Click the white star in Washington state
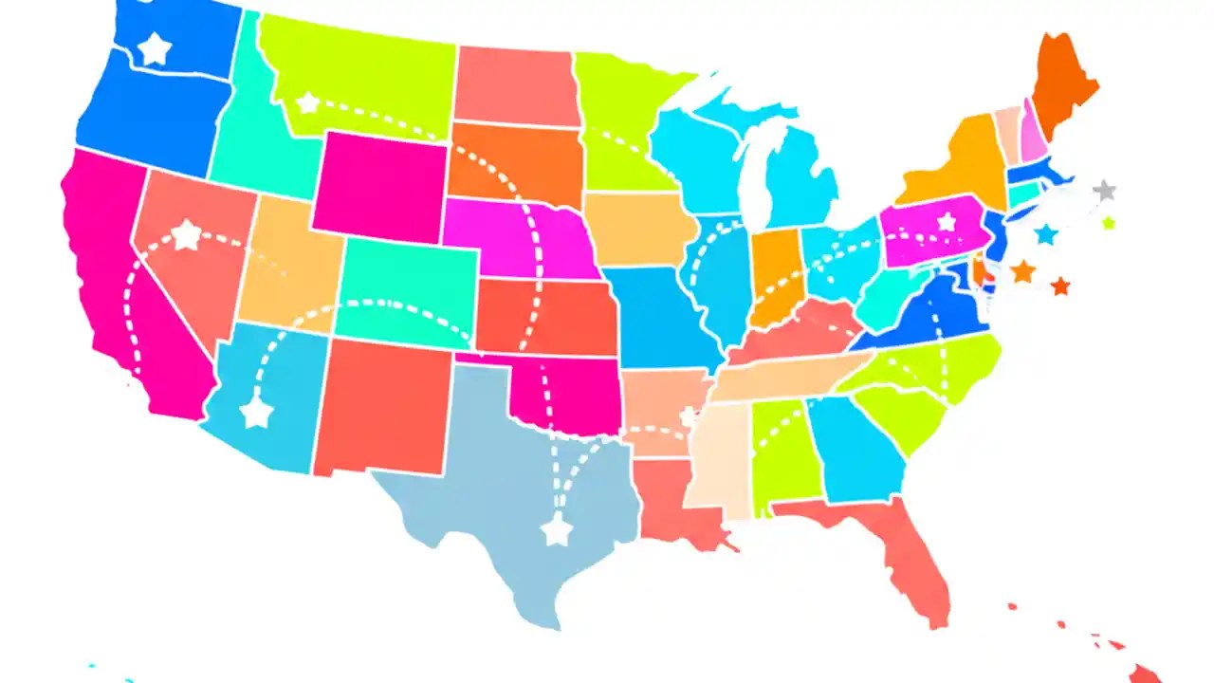click(154, 48)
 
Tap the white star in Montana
click(308, 102)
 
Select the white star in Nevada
click(187, 235)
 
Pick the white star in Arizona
click(256, 413)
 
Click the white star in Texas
click(557, 531)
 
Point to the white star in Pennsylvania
click(946, 222)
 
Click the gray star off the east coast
click(1103, 190)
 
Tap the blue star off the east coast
click(1046, 233)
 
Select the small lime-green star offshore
click(1109, 224)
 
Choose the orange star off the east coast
click(1022, 271)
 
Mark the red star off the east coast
click(1060, 286)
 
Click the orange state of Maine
click(1060, 85)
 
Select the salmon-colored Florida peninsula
click(910, 560)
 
